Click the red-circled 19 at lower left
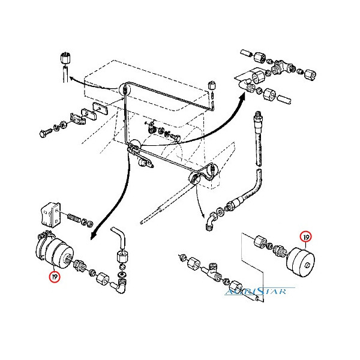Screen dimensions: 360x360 pos(55,277)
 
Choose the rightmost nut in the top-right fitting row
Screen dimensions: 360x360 pos(310,76)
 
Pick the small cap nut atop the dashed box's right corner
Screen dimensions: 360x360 pos(212,84)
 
